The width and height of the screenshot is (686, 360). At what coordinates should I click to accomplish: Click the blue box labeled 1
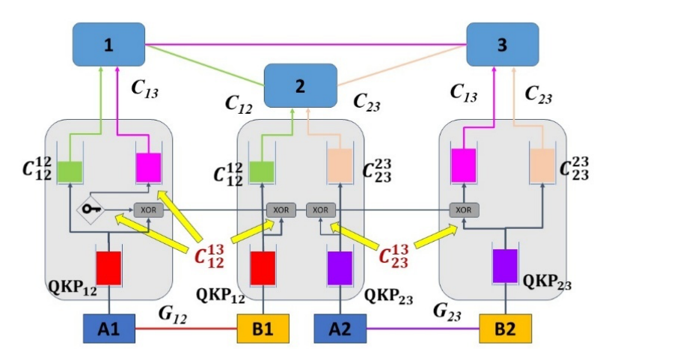pos(108,44)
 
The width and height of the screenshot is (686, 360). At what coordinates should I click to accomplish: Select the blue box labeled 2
pos(301,85)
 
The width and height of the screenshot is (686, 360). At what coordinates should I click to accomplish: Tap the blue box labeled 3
pos(502,44)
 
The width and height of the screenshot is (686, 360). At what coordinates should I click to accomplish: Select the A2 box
pos(341,329)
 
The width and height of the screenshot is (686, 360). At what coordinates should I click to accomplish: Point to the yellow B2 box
pos(505,329)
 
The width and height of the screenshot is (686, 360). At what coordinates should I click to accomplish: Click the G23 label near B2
pos(447,310)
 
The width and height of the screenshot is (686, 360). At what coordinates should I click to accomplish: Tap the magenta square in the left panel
pos(148,166)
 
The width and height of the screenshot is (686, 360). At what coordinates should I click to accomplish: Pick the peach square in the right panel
pos(542,165)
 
